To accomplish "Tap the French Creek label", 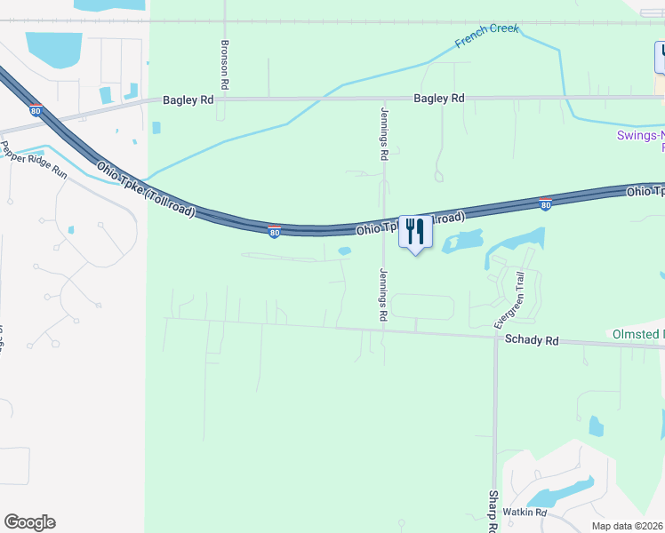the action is [x=486, y=36].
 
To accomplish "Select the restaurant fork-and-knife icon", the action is [x=415, y=232].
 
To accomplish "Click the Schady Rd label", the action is [x=531, y=340].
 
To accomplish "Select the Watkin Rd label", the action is [x=524, y=513].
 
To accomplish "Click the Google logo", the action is [x=29, y=522].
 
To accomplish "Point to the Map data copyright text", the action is [x=627, y=526].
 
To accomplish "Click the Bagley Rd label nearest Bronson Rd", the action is [x=188, y=100].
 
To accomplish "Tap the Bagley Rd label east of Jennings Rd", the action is [x=439, y=99].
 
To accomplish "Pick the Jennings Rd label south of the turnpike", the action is [x=384, y=294].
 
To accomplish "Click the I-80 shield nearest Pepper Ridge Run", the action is [x=36, y=111].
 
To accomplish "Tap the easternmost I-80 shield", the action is [x=545, y=204].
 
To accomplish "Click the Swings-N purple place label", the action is [x=640, y=136].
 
